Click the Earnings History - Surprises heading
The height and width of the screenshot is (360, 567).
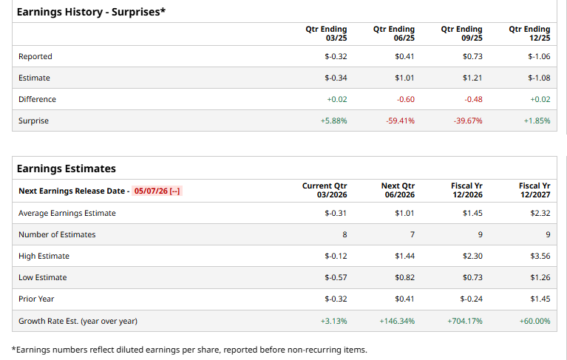(x=91, y=12)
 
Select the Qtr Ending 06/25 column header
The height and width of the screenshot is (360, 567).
(x=394, y=33)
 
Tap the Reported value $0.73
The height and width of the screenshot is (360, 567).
(x=472, y=56)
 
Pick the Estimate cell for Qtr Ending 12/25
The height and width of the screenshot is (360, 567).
(x=539, y=78)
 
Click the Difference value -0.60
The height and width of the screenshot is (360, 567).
(x=405, y=99)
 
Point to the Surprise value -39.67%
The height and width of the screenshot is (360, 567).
(x=467, y=120)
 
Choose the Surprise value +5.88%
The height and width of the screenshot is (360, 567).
(x=335, y=120)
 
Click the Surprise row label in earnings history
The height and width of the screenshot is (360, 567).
(x=33, y=120)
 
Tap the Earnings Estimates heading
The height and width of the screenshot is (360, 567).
(x=67, y=169)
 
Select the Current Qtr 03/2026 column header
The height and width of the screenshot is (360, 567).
(x=325, y=190)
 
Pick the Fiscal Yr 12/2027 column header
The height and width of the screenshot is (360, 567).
(x=534, y=190)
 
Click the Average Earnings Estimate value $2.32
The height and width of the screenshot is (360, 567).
(x=540, y=213)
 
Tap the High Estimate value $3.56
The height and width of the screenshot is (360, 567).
(x=540, y=256)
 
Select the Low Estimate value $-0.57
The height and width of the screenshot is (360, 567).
(x=336, y=277)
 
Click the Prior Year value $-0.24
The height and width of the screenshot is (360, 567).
(x=471, y=299)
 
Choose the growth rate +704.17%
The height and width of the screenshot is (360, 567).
(x=465, y=321)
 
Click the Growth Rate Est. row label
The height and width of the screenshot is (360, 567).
(x=78, y=321)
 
